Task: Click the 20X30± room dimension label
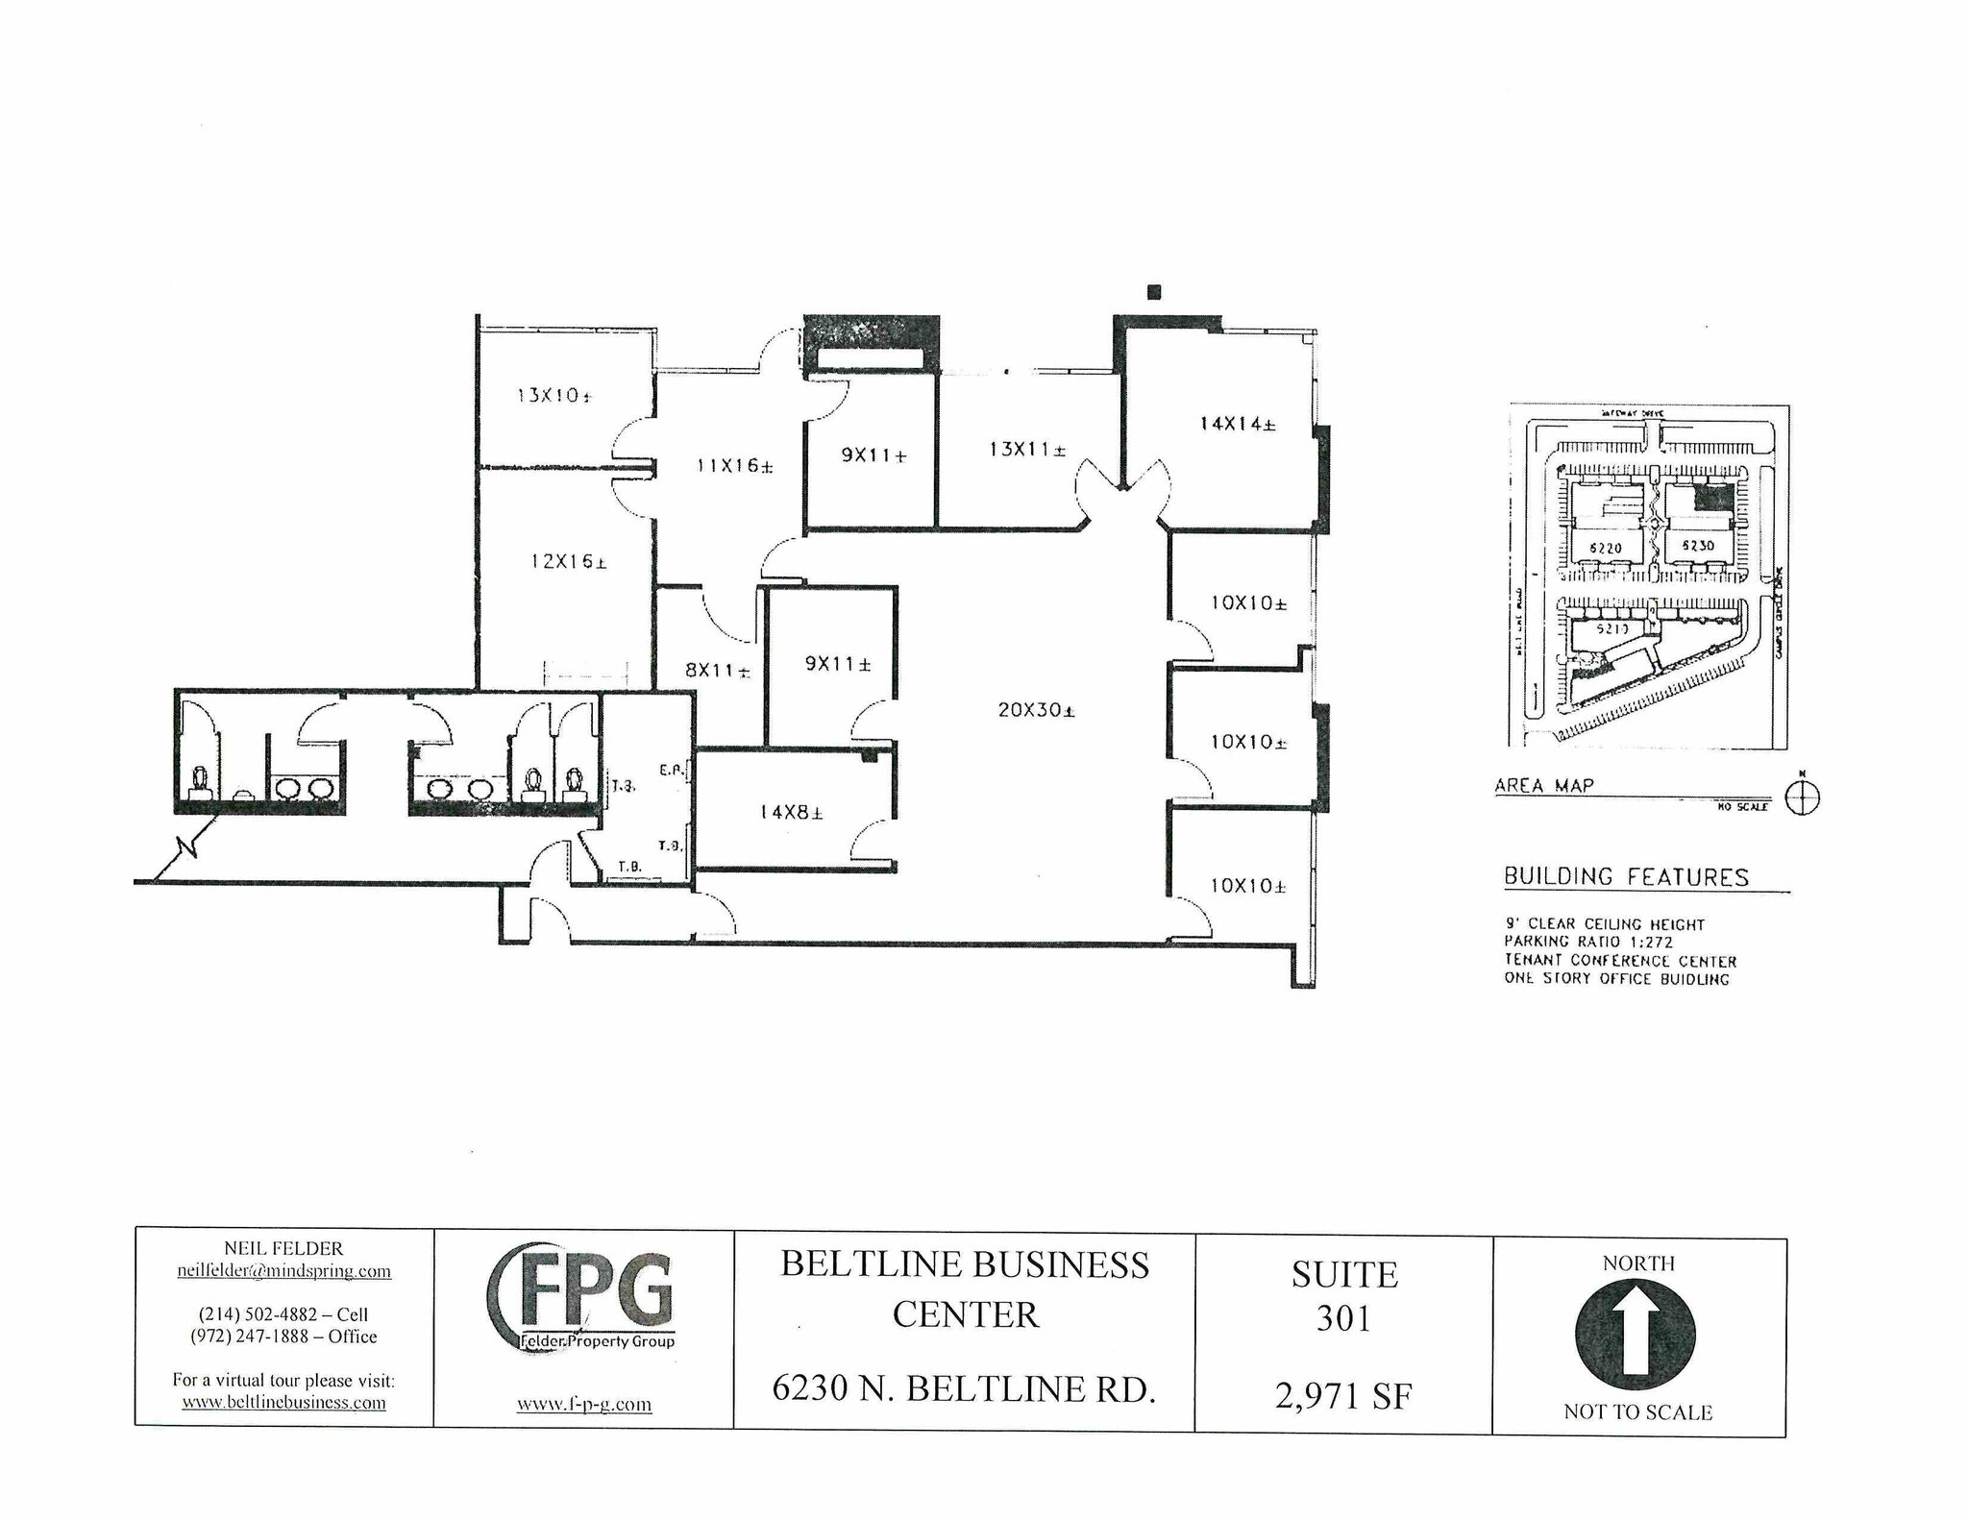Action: pos(1036,710)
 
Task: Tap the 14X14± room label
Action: pos(1237,423)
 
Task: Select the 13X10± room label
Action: pos(553,395)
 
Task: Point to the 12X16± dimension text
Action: pos(568,561)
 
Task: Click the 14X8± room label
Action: pos(791,812)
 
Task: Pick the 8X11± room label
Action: pos(717,671)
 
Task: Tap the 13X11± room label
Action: pos(1027,449)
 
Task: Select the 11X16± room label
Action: pos(734,466)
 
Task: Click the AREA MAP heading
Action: pos(1543,785)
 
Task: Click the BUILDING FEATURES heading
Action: pos(1626,876)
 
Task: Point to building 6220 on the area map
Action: pos(1606,549)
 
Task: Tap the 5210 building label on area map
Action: pos(1611,628)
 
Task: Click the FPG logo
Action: pos(583,1297)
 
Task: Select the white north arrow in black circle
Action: pos(1636,1334)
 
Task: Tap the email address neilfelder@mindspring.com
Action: pos(283,1271)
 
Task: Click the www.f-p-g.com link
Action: pos(583,1404)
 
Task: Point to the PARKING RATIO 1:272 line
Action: pos(1587,942)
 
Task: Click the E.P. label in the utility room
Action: pos(670,770)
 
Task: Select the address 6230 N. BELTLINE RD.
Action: pos(963,1388)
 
